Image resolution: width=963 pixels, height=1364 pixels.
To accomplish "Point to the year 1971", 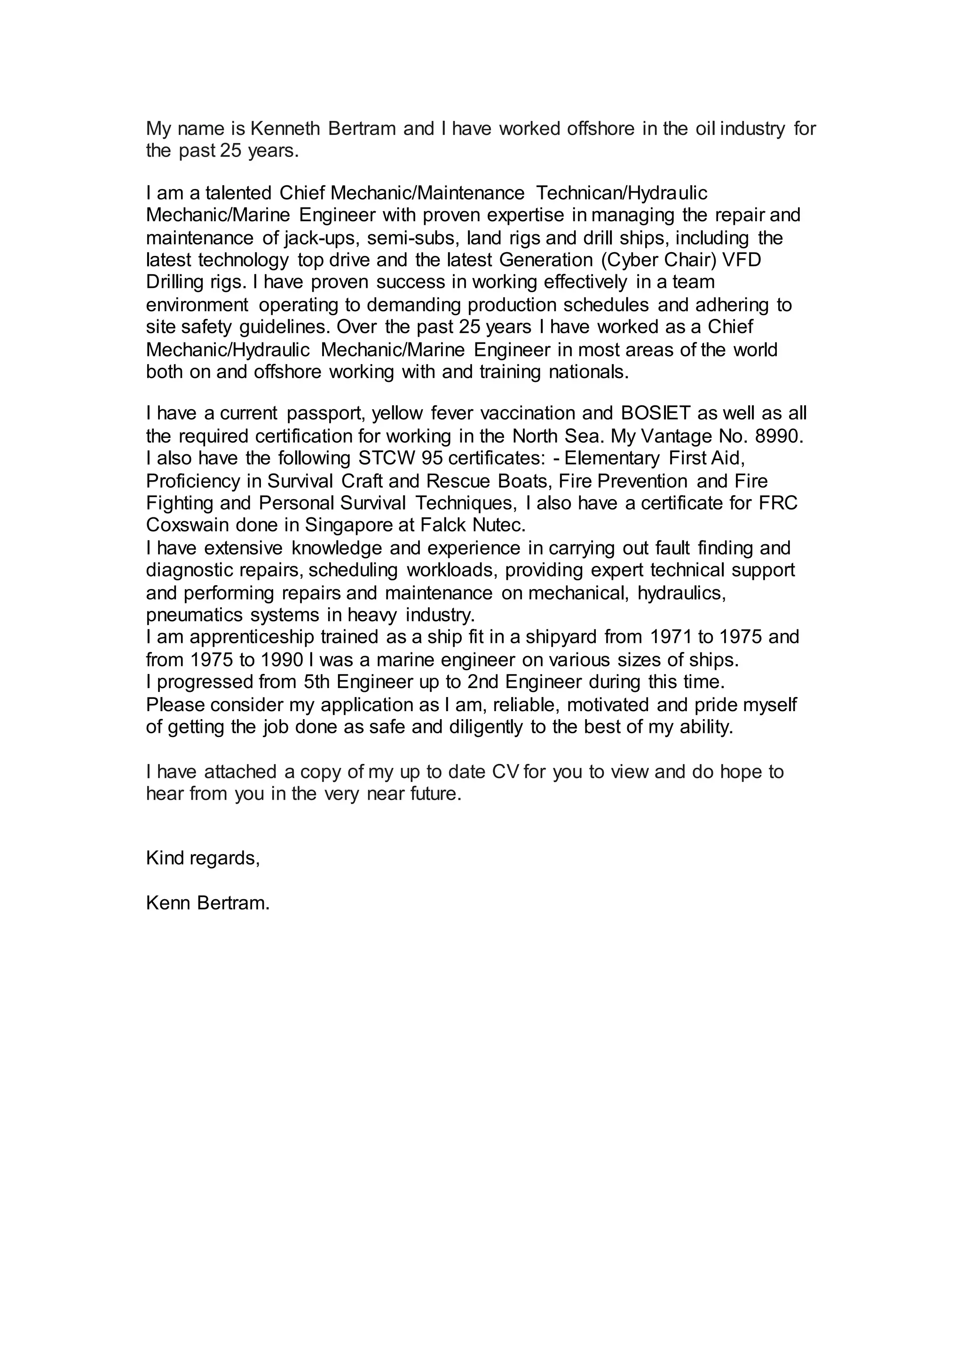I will point(671,637).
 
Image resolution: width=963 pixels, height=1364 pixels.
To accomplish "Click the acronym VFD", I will point(741,260).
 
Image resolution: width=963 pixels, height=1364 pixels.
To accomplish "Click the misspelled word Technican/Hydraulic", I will point(622,193).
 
